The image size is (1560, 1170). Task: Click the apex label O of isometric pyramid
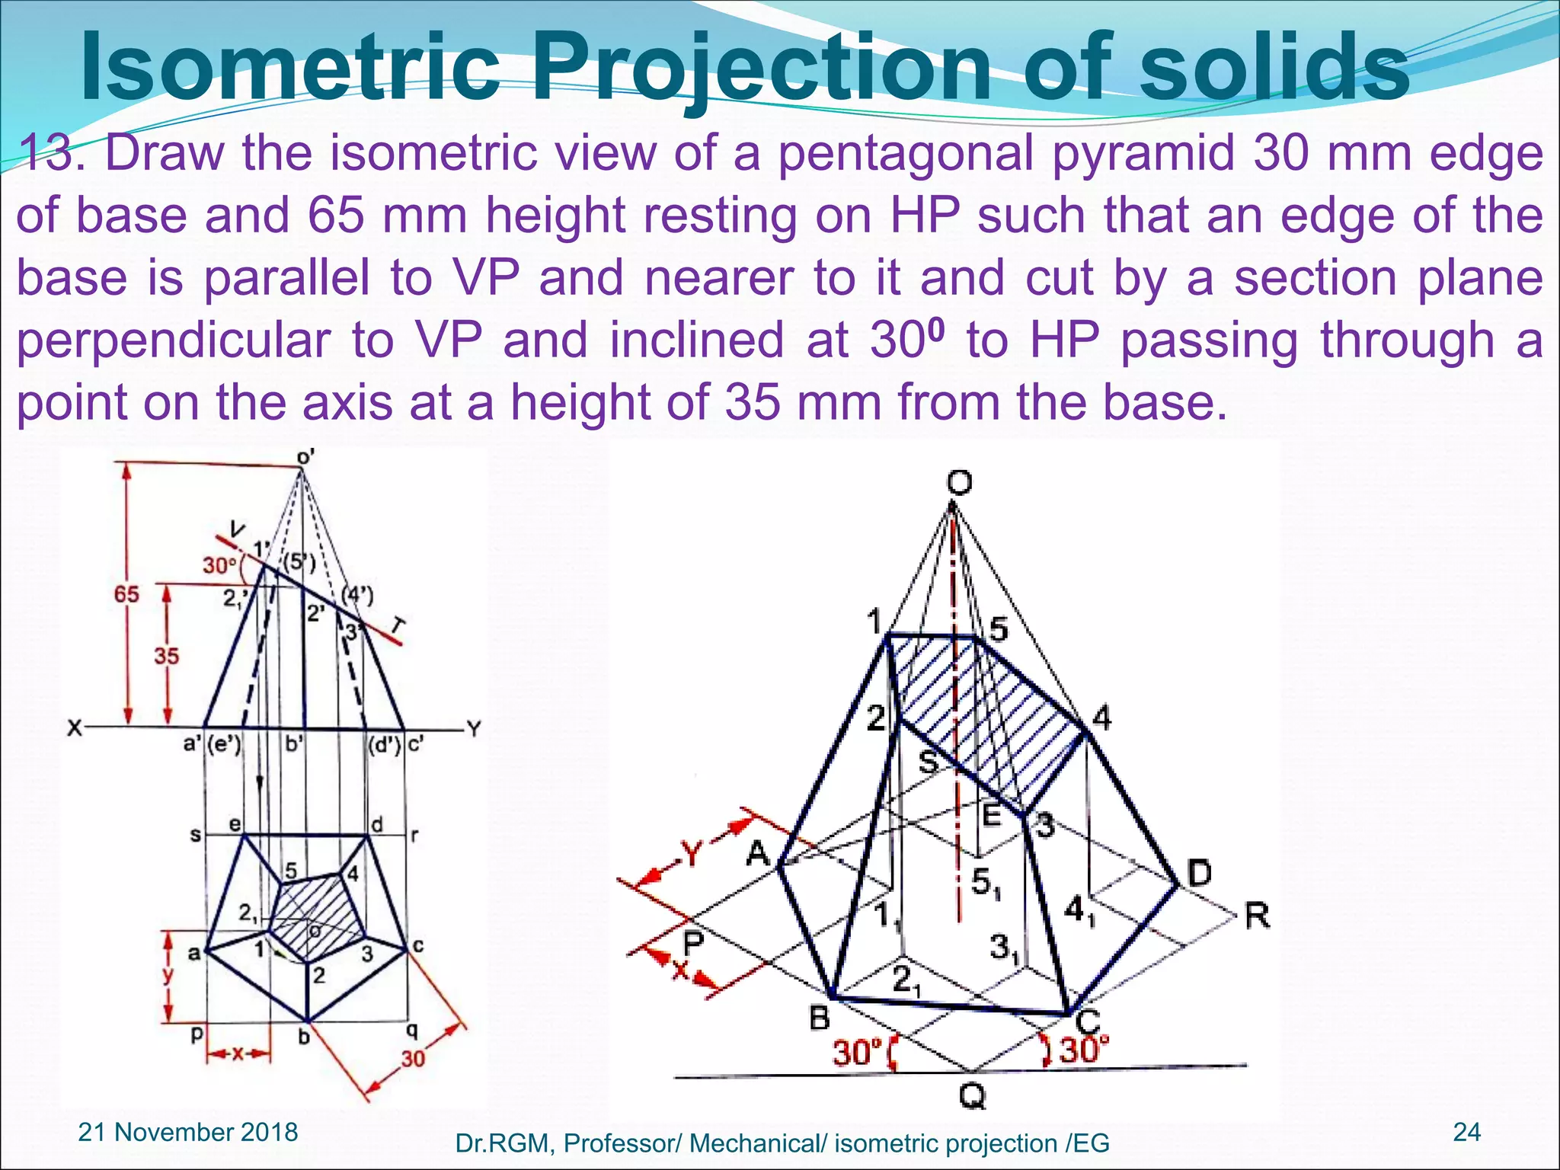960,482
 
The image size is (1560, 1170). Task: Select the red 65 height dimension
127,593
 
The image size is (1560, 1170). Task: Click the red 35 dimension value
166,656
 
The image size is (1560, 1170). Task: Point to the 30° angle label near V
220,565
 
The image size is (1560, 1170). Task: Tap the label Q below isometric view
972,1097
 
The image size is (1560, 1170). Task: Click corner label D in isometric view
1198,873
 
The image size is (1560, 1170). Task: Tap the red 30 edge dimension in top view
413,1059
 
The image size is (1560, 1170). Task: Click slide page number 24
1466,1132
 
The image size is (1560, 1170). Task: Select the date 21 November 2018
188,1132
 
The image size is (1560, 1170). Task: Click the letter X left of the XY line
74,729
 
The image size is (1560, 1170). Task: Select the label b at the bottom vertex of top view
303,1037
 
